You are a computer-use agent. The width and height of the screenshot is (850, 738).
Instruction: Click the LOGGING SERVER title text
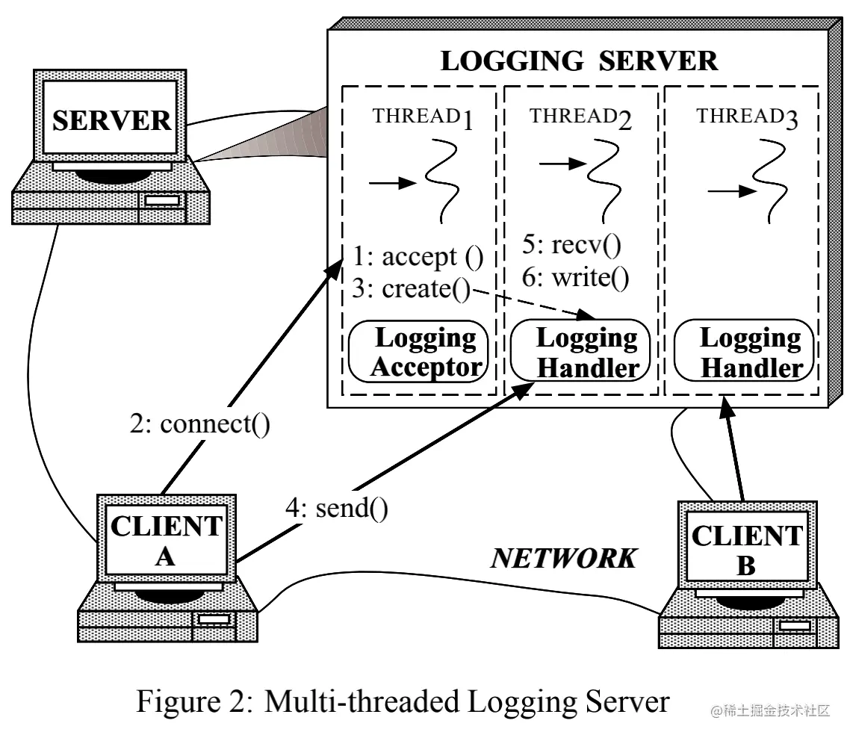[579, 61]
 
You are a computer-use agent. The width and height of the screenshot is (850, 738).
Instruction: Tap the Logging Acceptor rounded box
[418, 352]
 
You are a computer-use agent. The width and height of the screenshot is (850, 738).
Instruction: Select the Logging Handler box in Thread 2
[580, 352]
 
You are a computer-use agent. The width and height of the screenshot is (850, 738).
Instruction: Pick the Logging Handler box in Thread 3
[743, 352]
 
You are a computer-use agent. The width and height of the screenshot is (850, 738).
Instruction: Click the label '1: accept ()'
[418, 258]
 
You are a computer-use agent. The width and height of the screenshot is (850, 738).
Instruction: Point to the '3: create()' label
[411, 289]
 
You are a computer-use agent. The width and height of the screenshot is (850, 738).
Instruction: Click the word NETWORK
[564, 557]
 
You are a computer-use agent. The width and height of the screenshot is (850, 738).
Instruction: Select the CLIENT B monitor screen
[745, 550]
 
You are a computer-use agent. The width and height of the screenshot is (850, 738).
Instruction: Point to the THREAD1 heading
[424, 118]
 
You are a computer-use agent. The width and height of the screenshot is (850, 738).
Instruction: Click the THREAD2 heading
[580, 118]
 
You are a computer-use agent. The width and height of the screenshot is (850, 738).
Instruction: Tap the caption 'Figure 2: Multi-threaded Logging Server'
[403, 701]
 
